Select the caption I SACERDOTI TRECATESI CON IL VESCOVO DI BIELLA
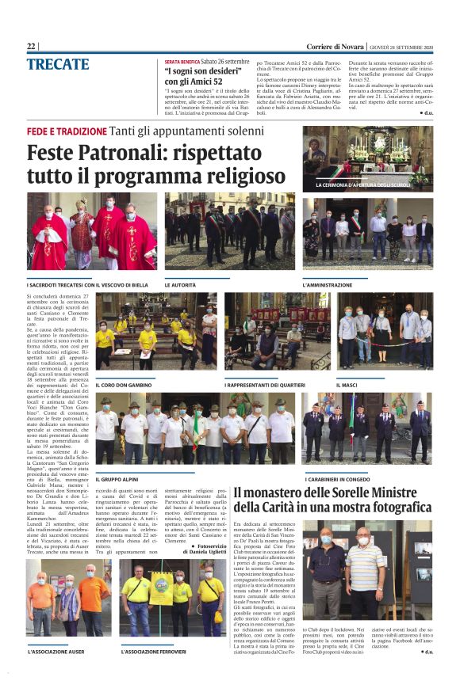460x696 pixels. tap(88, 283)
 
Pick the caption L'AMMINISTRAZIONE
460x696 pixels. tap(328, 283)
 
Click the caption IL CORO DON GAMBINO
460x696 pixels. tap(125, 384)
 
